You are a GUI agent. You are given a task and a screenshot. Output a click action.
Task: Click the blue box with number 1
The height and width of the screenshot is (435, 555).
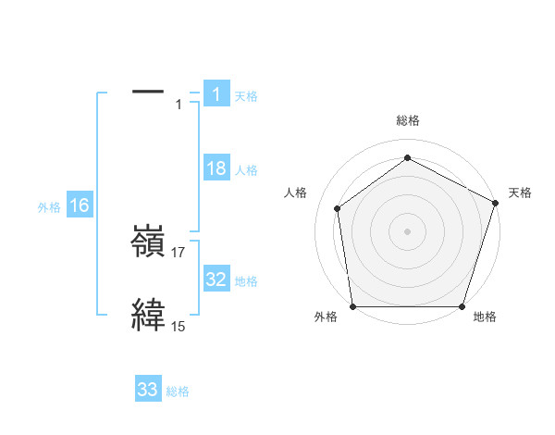216,93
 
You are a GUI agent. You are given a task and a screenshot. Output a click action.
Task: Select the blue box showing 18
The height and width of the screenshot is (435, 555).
216,168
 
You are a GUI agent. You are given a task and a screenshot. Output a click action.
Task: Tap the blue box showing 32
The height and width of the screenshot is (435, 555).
216,280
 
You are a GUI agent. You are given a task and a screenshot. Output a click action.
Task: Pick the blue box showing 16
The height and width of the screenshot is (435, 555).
80,205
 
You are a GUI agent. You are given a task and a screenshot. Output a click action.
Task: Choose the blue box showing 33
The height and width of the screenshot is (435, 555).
148,390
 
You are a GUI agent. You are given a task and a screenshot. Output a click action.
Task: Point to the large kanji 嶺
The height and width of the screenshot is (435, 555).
148,243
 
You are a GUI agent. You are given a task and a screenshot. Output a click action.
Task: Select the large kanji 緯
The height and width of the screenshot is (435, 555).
148,315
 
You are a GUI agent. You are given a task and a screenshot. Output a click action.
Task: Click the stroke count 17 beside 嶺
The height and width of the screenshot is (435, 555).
179,253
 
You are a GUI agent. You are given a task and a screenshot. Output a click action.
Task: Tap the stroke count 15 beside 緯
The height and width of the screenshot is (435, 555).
179,326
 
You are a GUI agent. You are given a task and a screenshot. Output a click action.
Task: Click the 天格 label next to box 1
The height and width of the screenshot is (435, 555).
246,95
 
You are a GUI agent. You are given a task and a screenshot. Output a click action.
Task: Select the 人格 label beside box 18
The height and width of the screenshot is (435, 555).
246,170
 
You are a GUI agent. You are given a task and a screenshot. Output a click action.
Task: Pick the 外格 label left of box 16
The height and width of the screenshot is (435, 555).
49,207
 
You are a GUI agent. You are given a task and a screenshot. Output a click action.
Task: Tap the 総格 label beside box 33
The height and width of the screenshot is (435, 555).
178,391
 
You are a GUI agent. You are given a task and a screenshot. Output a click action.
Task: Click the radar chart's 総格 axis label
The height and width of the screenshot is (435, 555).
408,120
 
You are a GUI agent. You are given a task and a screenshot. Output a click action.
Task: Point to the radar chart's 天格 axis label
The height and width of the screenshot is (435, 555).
520,193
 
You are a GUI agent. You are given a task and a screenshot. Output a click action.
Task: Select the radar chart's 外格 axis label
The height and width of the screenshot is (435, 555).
326,317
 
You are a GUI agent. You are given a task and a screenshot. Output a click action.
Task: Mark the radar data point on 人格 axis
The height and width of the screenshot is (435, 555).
338,208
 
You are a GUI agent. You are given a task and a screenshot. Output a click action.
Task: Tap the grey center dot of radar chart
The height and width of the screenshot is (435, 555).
408,230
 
